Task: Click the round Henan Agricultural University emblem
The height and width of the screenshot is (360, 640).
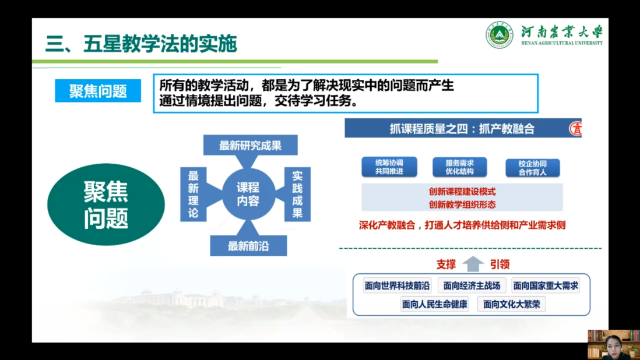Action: pyautogui.click(x=499, y=34)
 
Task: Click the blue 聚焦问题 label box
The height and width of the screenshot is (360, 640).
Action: pyautogui.click(x=98, y=90)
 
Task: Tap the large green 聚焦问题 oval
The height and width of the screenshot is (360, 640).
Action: pyautogui.click(x=106, y=204)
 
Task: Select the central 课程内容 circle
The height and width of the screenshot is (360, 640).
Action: pyautogui.click(x=248, y=194)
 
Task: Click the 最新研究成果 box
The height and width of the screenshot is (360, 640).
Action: pyautogui.click(x=250, y=145)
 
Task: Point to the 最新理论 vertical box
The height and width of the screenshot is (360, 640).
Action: pyautogui.click(x=193, y=194)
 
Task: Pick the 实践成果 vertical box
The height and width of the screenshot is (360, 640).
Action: pyautogui.click(x=297, y=194)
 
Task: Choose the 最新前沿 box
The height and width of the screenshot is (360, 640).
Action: pyautogui.click(x=248, y=246)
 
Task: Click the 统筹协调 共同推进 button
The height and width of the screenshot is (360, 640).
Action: pyautogui.click(x=389, y=167)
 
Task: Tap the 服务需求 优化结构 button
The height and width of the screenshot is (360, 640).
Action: pyautogui.click(x=459, y=167)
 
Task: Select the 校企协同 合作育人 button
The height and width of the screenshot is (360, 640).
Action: pyautogui.click(x=533, y=168)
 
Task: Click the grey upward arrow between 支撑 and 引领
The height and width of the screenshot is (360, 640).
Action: pyautogui.click(x=473, y=264)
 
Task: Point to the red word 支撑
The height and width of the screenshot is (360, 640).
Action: pyautogui.click(x=446, y=264)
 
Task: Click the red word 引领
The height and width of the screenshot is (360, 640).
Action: pyautogui.click(x=500, y=264)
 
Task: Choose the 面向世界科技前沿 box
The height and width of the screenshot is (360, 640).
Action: pyautogui.click(x=397, y=286)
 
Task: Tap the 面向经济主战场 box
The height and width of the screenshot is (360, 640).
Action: pyautogui.click(x=472, y=286)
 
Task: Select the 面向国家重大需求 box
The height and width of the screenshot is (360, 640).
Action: pyautogui.click(x=546, y=286)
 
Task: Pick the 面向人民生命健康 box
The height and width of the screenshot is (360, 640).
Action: pyautogui.click(x=435, y=304)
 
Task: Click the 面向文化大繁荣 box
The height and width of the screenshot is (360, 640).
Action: pyautogui.click(x=511, y=304)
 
